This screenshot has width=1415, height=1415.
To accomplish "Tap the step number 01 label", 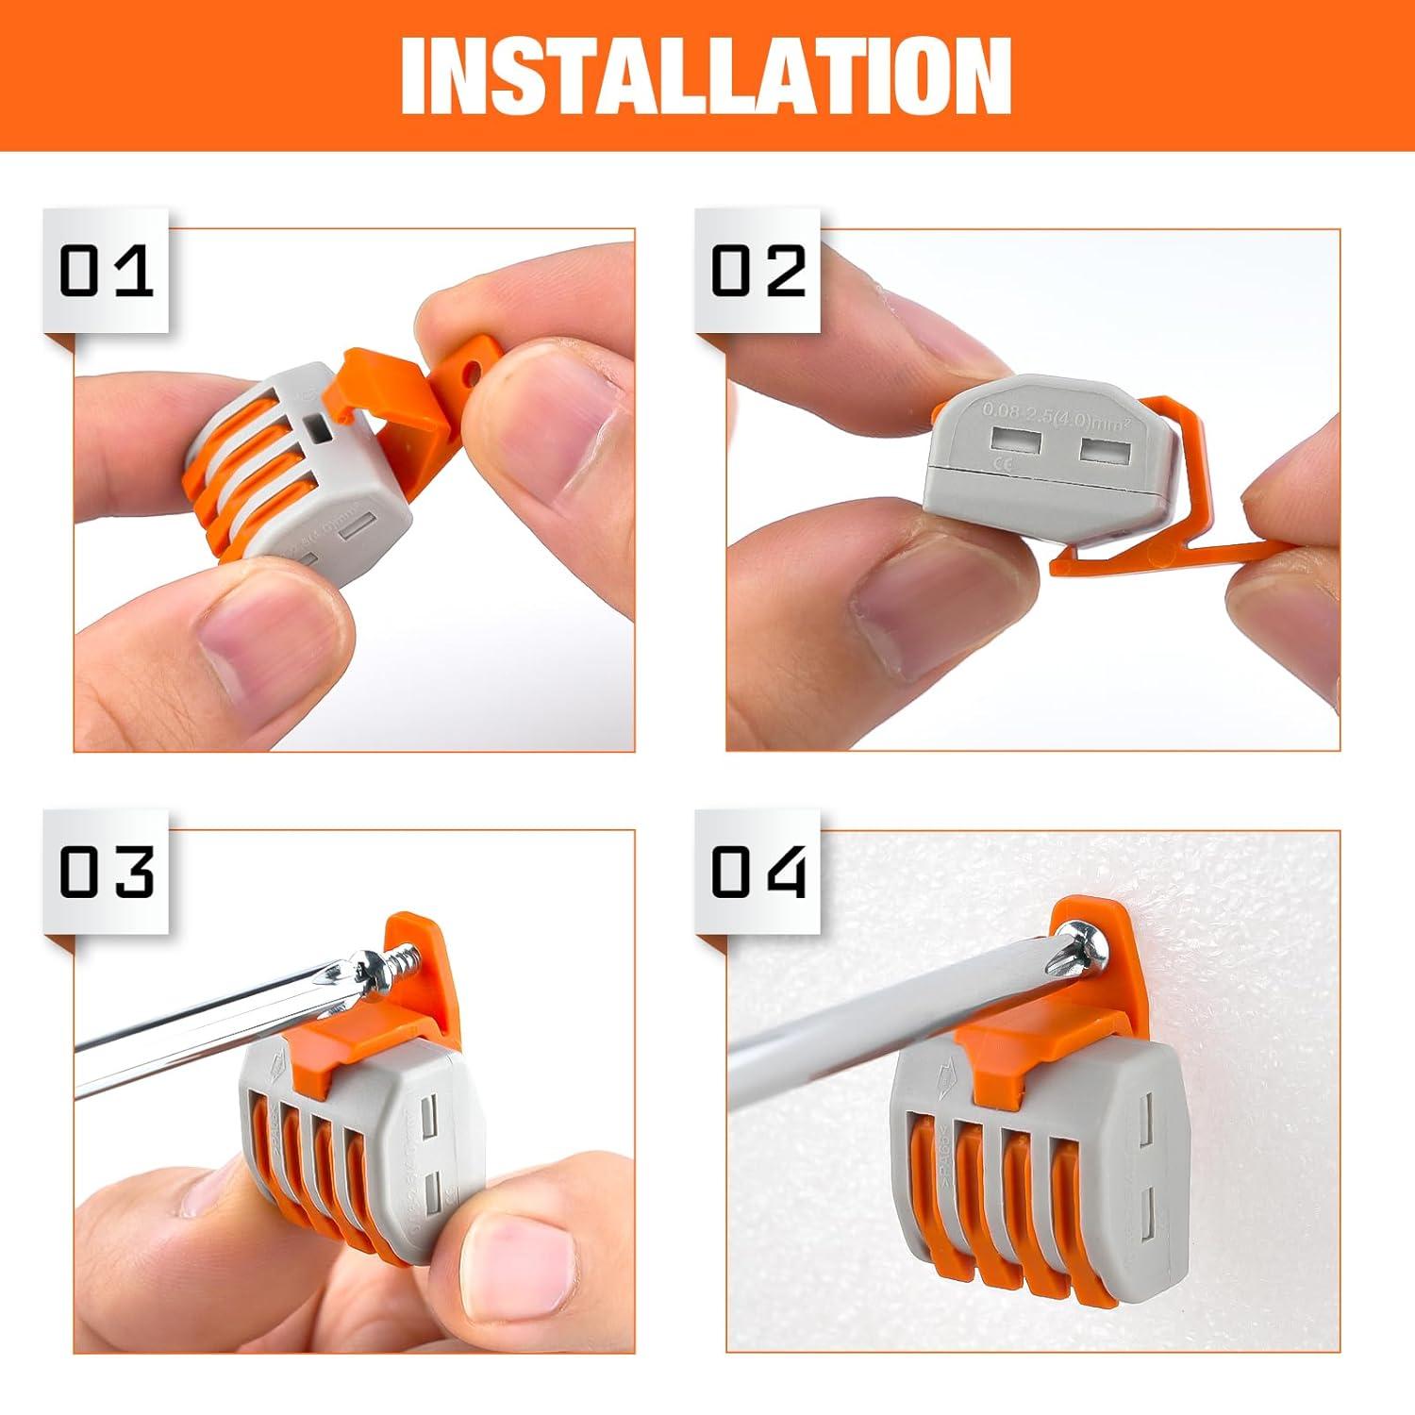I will point(106,271).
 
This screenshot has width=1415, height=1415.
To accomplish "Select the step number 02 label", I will point(757,271).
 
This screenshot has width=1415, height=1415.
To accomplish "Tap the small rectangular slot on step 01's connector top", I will point(320,431).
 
